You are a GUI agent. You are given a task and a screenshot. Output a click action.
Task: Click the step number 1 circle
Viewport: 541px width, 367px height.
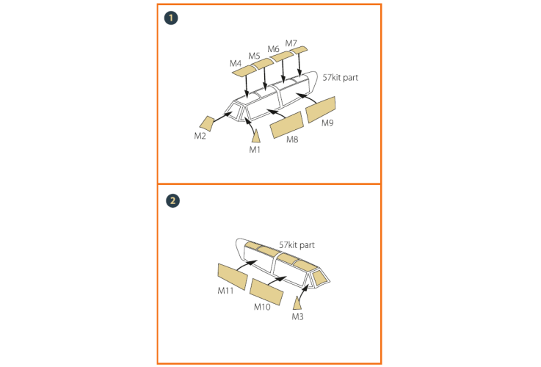coord(171,18)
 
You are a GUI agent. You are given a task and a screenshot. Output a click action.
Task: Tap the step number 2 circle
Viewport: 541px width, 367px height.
coord(173,200)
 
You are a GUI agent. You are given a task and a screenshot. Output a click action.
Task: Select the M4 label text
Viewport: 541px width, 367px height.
coord(236,63)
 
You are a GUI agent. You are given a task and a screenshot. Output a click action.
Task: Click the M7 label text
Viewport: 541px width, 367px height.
coord(291,43)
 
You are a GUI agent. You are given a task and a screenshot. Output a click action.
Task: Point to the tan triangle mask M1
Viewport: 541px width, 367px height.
coord(255,137)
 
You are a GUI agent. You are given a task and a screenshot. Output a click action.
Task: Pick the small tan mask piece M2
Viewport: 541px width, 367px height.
coord(207,124)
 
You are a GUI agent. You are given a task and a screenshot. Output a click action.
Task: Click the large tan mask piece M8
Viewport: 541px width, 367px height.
coord(287,125)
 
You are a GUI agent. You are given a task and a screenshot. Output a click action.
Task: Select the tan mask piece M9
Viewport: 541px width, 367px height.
coord(321,109)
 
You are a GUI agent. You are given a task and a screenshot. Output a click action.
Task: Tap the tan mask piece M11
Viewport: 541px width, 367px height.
coord(233,277)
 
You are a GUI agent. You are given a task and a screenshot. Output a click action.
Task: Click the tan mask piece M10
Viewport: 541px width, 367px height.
coord(266,292)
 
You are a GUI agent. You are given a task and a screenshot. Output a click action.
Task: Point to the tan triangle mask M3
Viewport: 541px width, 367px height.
coord(297,303)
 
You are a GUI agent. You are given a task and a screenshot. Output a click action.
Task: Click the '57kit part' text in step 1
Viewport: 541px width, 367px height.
coord(340,78)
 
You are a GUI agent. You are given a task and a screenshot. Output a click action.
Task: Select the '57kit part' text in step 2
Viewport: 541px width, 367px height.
coord(297,245)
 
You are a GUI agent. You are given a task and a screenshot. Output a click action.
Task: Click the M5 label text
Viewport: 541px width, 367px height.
coord(254,56)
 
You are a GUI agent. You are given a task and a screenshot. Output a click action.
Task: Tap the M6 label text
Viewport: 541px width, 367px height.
coord(273,49)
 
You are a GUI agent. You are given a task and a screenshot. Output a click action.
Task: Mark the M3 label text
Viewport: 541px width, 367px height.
coord(297,316)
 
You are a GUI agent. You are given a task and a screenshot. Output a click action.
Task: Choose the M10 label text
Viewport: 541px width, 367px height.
coord(262,307)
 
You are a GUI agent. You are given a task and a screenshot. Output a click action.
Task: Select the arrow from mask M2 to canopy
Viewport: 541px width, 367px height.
coord(222,117)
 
